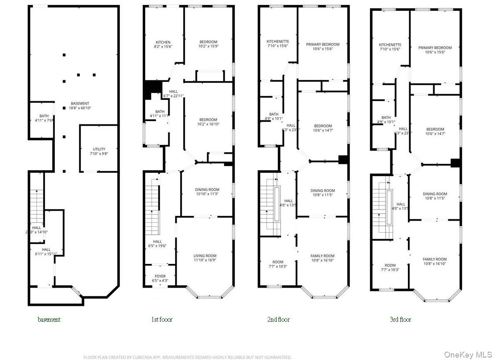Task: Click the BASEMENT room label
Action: [80, 104]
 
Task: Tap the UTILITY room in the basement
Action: [99, 149]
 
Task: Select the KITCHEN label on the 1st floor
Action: [163, 42]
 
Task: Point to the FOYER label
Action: [160, 276]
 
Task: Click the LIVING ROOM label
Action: [205, 256]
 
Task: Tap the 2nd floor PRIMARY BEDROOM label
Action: [323, 45]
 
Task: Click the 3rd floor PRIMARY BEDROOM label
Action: [435, 48]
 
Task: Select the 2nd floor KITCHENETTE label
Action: [278, 42]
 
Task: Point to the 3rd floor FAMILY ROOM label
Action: [435, 259]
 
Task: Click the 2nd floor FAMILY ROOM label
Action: [323, 256]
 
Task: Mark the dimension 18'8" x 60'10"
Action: [80, 108]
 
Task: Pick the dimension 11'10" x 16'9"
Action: [205, 261]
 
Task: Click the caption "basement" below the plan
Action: [49, 320]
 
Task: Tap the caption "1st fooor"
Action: [162, 320]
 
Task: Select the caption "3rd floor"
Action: [400, 320]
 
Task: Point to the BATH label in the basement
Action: [44, 116]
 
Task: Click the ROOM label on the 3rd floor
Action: [390, 266]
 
